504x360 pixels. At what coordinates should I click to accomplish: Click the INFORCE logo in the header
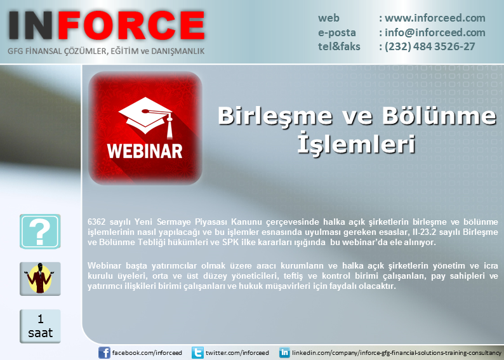point(107,25)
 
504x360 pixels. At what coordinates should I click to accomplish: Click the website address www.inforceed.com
point(435,18)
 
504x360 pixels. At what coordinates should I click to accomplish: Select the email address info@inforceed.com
point(435,32)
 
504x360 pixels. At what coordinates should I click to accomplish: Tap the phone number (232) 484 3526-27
point(430,46)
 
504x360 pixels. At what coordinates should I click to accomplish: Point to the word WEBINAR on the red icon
point(145,151)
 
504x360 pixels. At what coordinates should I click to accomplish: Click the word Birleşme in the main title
point(275,116)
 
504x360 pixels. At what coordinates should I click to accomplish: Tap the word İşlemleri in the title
point(356,143)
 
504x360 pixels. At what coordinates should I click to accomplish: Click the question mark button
point(40,231)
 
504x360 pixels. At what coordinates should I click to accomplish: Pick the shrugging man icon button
point(40,279)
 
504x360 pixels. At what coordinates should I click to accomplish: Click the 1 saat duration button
point(40,326)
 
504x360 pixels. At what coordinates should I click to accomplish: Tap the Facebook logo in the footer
point(104,353)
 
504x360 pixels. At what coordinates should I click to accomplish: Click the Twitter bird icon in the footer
point(197,353)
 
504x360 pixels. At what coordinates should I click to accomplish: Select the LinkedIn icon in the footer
point(284,353)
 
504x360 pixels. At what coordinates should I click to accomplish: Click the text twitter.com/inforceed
point(237,353)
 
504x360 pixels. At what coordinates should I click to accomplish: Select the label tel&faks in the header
point(339,46)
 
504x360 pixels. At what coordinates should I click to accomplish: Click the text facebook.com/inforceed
point(147,353)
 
